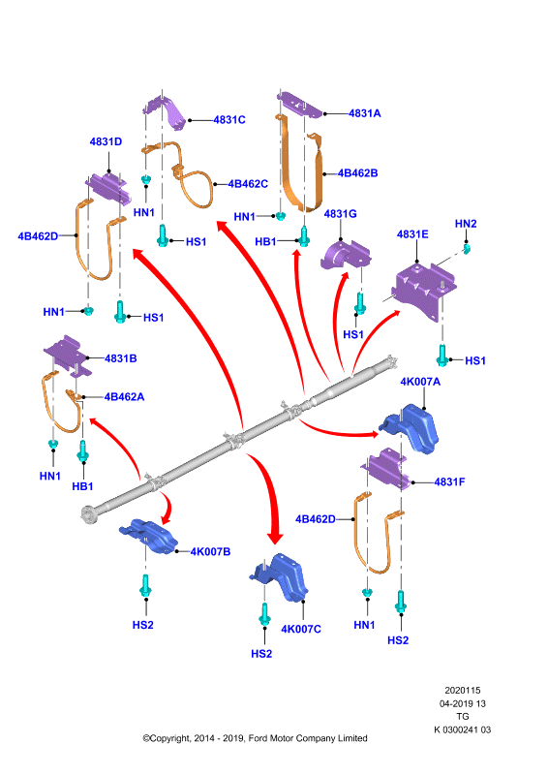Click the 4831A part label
tap(365, 113)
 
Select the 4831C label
tap(229, 119)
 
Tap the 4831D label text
tap(106, 141)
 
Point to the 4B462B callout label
tap(357, 173)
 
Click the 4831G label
tap(340, 213)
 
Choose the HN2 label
tap(466, 224)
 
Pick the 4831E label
tap(412, 234)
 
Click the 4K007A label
tap(420, 382)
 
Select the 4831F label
tap(449, 481)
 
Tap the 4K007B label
tap(210, 551)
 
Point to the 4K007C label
tap(301, 629)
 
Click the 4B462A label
tap(124, 397)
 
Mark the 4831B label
tap(121, 358)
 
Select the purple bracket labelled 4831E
tap(422, 290)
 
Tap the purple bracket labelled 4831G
tap(345, 255)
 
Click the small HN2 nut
tap(467, 248)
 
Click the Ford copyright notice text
tap(255, 738)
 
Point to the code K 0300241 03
tap(463, 729)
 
